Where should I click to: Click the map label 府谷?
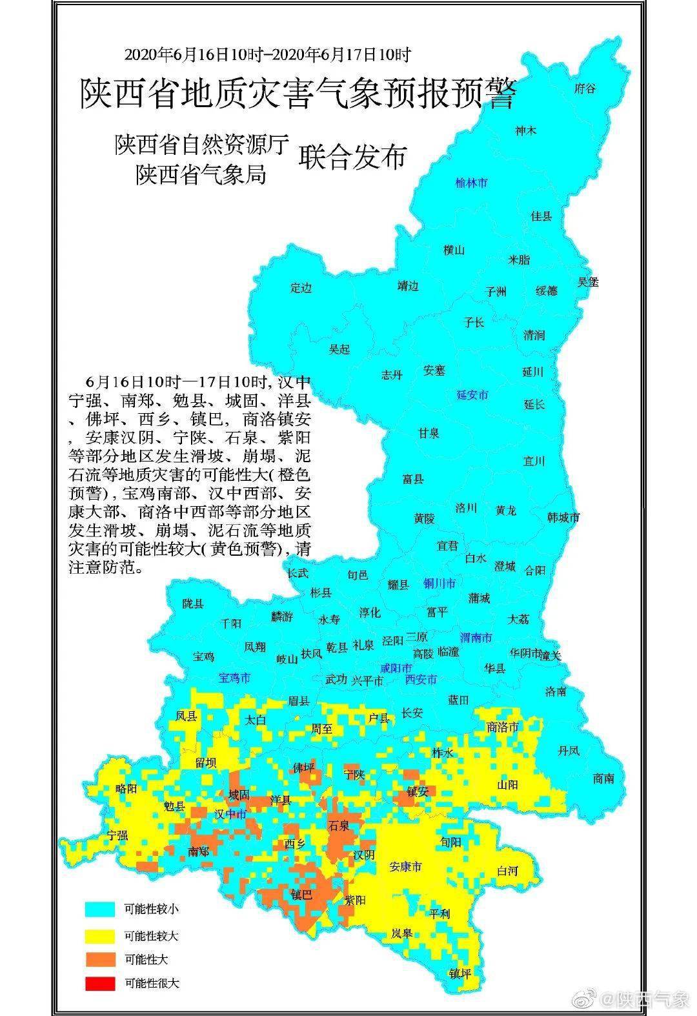pyautogui.click(x=585, y=89)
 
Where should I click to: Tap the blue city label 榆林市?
pyautogui.click(x=471, y=183)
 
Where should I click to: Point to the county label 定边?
pyautogui.click(x=301, y=288)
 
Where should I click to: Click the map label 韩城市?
pyautogui.click(x=563, y=517)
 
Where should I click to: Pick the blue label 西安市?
pyautogui.click(x=421, y=679)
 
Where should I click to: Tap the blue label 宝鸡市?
pyautogui.click(x=235, y=678)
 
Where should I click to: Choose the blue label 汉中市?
pyautogui.click(x=230, y=815)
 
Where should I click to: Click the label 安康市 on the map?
pyautogui.click(x=406, y=866)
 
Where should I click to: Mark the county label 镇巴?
pyautogui.click(x=301, y=895)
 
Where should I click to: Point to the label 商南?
pyautogui.click(x=603, y=778)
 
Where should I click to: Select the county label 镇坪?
pyautogui.click(x=461, y=974)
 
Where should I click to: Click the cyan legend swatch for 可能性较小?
pyautogui.click(x=100, y=909)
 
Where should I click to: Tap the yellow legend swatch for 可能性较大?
pyautogui.click(x=100, y=935)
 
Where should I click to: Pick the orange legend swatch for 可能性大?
pyautogui.click(x=100, y=960)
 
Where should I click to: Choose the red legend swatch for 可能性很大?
pyautogui.click(x=100, y=984)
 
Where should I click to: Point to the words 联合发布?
pyautogui.click(x=352, y=157)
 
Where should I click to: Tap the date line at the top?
pyautogui.click(x=267, y=55)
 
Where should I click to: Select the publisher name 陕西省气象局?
pyautogui.click(x=201, y=174)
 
